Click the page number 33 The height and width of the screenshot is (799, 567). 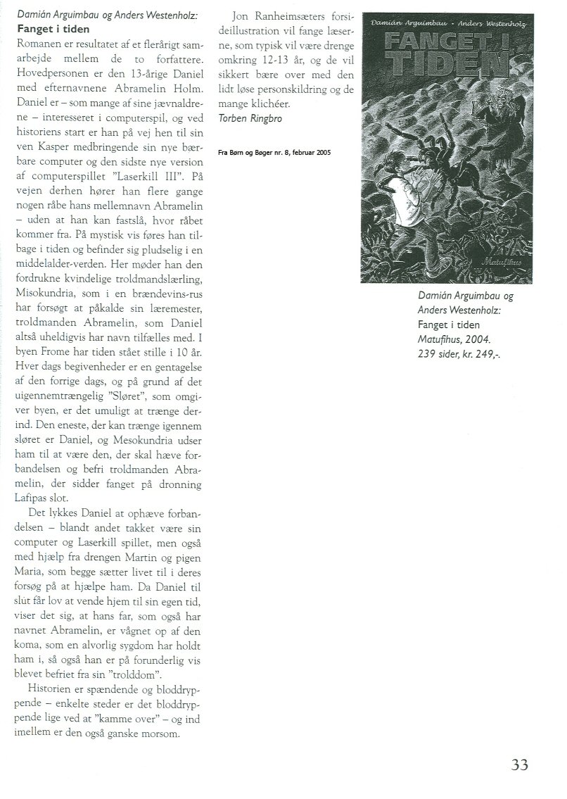pos(519,764)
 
